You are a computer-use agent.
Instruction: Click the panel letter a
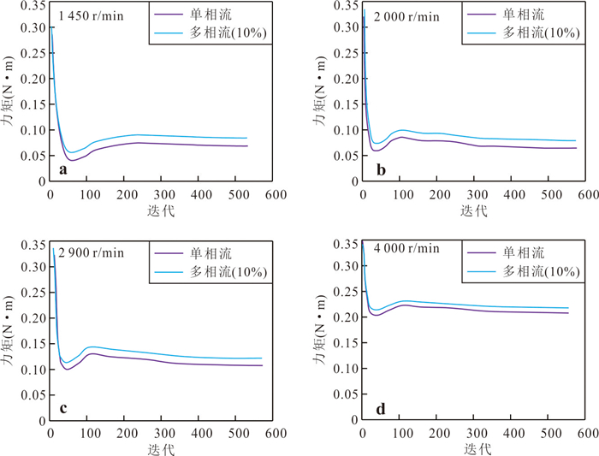tap(63, 169)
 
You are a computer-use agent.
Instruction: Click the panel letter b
tap(381, 169)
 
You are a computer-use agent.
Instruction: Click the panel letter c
tap(63, 408)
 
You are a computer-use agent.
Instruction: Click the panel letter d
tap(381, 409)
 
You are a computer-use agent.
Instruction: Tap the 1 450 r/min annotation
tap(91, 16)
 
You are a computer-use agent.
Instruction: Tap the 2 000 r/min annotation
tap(406, 17)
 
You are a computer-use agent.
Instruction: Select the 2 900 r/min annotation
tap(91, 252)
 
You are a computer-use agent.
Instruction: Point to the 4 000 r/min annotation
tap(406, 248)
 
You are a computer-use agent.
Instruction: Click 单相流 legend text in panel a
tap(211, 15)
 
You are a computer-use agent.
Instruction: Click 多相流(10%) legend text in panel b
tap(541, 33)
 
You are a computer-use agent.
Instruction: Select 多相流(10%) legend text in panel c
tap(228, 271)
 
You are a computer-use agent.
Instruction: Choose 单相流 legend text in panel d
tap(524, 253)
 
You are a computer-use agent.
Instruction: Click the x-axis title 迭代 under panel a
tap(161, 210)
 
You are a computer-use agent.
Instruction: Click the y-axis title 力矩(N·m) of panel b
tap(319, 92)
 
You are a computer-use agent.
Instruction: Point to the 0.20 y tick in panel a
tap(33, 79)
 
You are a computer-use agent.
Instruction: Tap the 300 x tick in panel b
tap(477, 195)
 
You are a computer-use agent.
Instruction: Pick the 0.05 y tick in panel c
tap(33, 395)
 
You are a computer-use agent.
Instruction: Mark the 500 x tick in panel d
tap(551, 433)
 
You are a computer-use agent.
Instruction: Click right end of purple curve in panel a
tap(247, 146)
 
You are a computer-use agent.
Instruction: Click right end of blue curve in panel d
tap(568, 308)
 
